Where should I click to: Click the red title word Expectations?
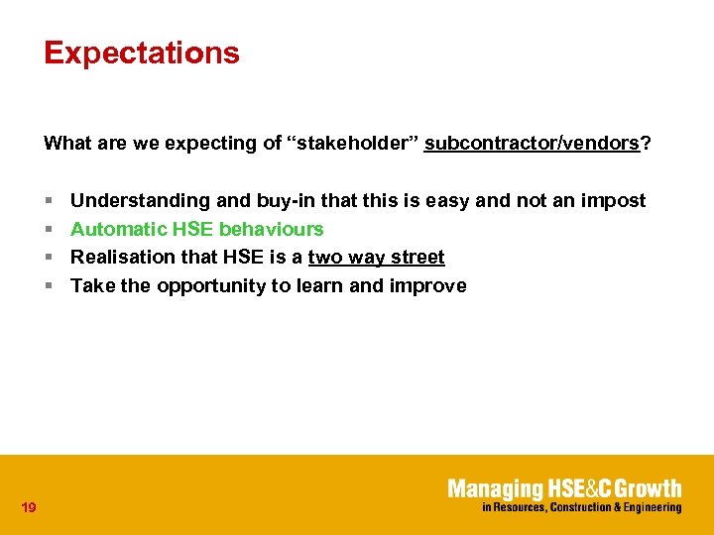coord(142,53)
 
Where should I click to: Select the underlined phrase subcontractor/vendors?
coord(532,144)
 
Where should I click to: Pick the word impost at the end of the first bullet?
coord(614,201)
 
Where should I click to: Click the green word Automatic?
coord(118,230)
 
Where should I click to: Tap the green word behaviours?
coord(271,230)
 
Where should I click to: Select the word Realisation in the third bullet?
coord(120,258)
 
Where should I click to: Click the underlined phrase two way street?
coord(377,258)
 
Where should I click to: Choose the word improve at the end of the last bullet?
coord(428,286)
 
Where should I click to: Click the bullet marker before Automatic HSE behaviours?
coord(48,230)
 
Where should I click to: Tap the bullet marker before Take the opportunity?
coord(48,286)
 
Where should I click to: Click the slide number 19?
coord(29,508)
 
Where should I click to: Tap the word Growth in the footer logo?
coord(648,488)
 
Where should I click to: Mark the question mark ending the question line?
coord(647,144)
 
